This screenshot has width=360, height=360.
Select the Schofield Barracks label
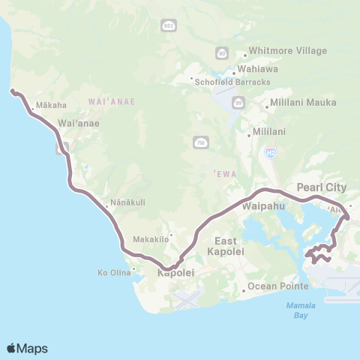[x=223, y=82]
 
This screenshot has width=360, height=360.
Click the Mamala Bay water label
[x=300, y=310]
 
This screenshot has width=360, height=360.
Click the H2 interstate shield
[x=271, y=152]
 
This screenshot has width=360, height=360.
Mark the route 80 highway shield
[x=221, y=53]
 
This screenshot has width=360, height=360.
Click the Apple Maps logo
[x=27, y=348]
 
